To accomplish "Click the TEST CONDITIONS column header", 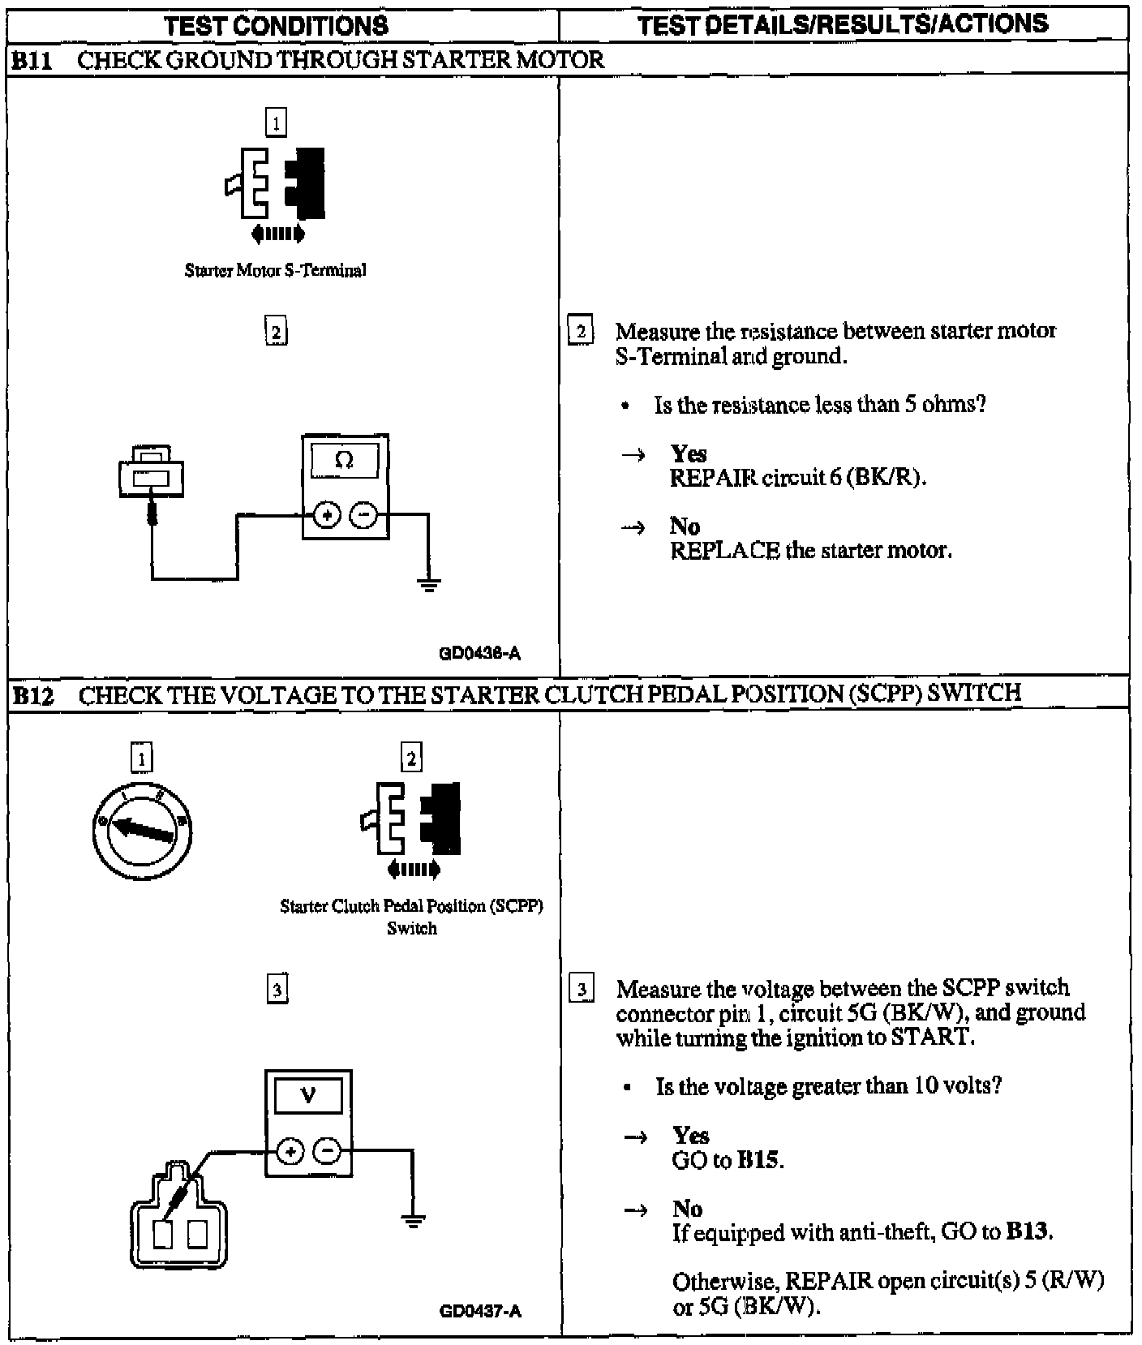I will coord(276,26).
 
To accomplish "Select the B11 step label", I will coord(32,60).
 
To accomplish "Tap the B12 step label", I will coord(32,695).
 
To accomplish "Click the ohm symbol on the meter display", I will coord(345,461).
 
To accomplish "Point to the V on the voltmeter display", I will coord(308,1096).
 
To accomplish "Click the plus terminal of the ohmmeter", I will coord(326,515).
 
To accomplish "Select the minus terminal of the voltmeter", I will coord(328,1150).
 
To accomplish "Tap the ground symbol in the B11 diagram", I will coord(429,584).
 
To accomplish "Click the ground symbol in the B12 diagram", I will coord(414,1219).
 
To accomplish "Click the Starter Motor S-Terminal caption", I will coord(275,270).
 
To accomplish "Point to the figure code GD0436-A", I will coord(479,652).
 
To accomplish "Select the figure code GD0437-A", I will coord(480,1310).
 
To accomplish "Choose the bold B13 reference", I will coord(1028,1233).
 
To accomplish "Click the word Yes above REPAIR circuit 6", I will coord(689,453).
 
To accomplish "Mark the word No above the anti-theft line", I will coord(687,1209).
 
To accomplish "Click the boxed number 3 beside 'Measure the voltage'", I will coord(582,990).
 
